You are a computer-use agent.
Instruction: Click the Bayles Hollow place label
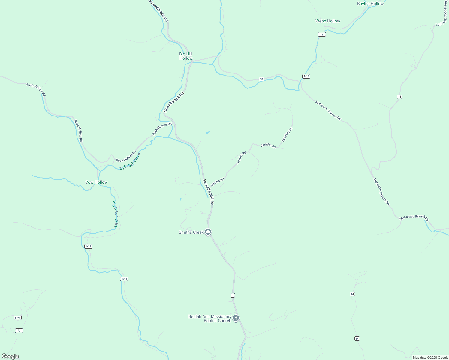(370, 4)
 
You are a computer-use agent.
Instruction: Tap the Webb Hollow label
(328, 21)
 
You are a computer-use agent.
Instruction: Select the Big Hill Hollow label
(186, 56)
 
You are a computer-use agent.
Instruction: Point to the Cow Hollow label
(96, 182)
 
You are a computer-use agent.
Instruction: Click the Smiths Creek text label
(191, 232)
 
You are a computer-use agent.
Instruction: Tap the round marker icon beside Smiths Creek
(208, 232)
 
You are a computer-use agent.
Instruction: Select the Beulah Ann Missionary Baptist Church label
(210, 319)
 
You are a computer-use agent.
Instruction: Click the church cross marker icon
(236, 318)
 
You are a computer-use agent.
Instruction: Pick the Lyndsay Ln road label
(287, 135)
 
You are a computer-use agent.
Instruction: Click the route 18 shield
(261, 79)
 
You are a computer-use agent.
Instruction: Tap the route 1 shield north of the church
(233, 295)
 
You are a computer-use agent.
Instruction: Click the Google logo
(10, 356)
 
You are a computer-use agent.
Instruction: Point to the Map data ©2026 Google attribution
(430, 358)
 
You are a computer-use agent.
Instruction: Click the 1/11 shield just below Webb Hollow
(322, 34)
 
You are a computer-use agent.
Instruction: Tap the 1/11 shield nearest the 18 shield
(306, 76)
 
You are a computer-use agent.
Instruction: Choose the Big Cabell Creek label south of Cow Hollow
(115, 214)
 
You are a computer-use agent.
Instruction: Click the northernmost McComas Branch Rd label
(328, 110)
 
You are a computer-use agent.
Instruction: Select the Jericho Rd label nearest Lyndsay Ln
(268, 146)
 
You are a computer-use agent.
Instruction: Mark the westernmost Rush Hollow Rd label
(36, 89)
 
